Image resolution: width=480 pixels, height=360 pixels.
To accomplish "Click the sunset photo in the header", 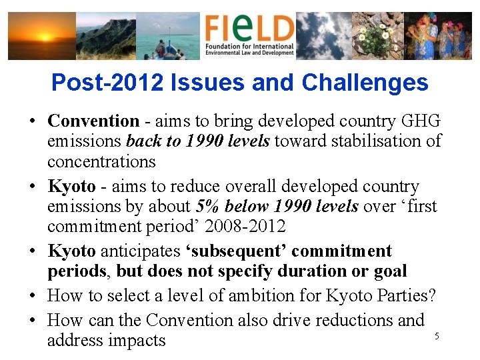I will point(41,36).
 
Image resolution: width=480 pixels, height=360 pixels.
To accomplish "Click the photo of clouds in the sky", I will point(323,36).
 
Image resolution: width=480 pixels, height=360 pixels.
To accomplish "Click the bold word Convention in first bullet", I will point(93,121).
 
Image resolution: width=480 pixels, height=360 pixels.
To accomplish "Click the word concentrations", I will point(101,161).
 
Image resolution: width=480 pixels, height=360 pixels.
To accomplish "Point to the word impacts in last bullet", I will point(139,341).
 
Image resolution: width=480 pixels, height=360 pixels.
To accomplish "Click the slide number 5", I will point(437,336).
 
